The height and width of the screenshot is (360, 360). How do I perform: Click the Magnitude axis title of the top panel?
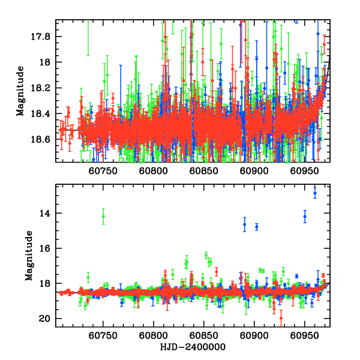click(20, 91)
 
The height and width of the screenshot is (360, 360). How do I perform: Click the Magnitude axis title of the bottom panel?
click(28, 256)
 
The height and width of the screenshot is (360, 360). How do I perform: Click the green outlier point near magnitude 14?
click(103, 217)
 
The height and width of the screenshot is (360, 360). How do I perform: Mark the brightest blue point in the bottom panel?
click(315, 193)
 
